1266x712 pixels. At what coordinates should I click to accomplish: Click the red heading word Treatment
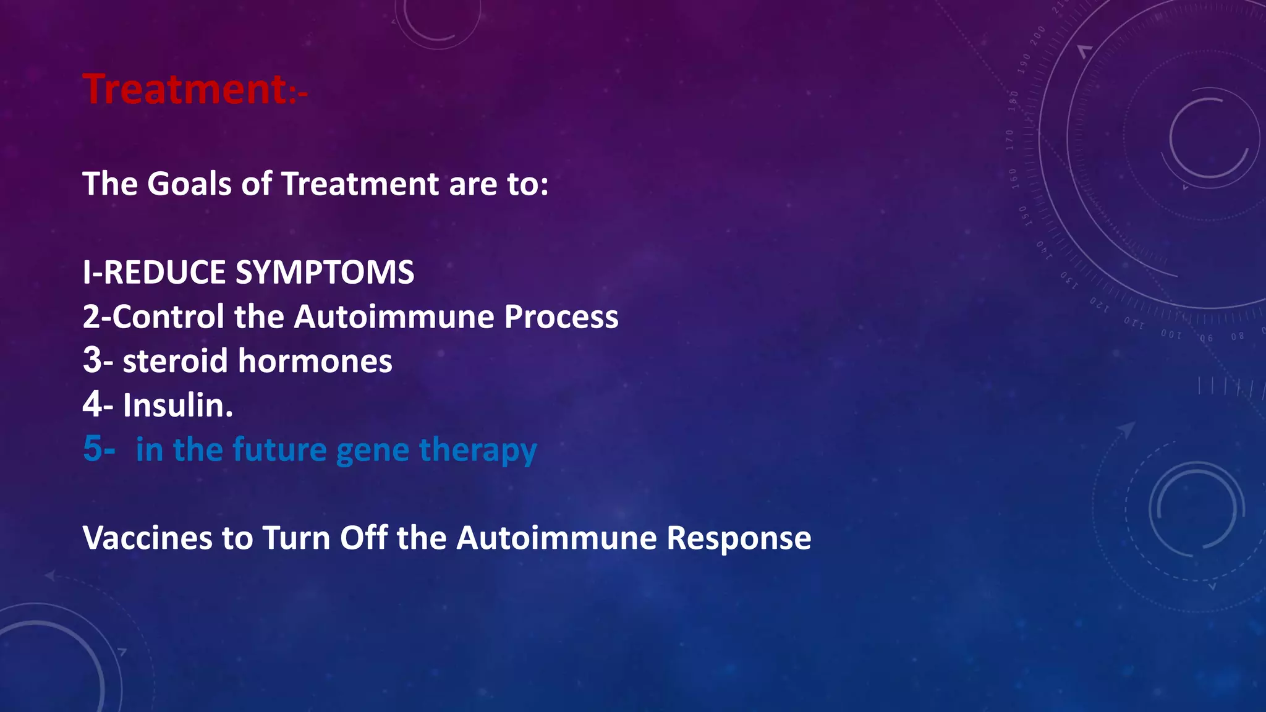[x=184, y=90]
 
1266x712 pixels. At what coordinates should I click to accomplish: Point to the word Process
[x=561, y=317]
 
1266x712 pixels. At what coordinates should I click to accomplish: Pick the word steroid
[x=176, y=361]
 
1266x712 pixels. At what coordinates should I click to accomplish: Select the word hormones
[x=315, y=361]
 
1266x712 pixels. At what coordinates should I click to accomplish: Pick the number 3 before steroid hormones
[x=92, y=361]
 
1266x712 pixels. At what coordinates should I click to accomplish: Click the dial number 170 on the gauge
[x=1009, y=140]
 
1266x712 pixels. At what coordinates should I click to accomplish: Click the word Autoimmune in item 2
[x=394, y=317]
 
